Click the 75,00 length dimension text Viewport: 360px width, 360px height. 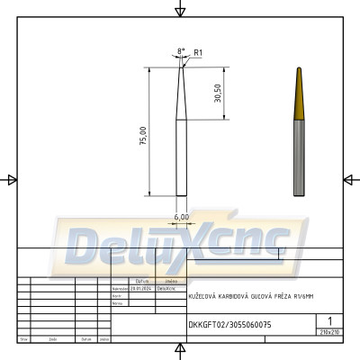[142, 136]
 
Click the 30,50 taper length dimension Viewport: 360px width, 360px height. [217, 94]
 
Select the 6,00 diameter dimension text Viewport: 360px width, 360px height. [181, 217]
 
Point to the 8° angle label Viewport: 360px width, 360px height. [181, 51]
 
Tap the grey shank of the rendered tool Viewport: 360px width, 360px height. [297, 162]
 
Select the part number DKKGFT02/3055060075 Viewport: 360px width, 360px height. [229, 323]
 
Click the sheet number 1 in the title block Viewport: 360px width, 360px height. [331, 321]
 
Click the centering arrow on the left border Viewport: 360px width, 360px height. [11, 179]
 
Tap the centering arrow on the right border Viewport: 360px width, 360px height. [349, 179]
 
